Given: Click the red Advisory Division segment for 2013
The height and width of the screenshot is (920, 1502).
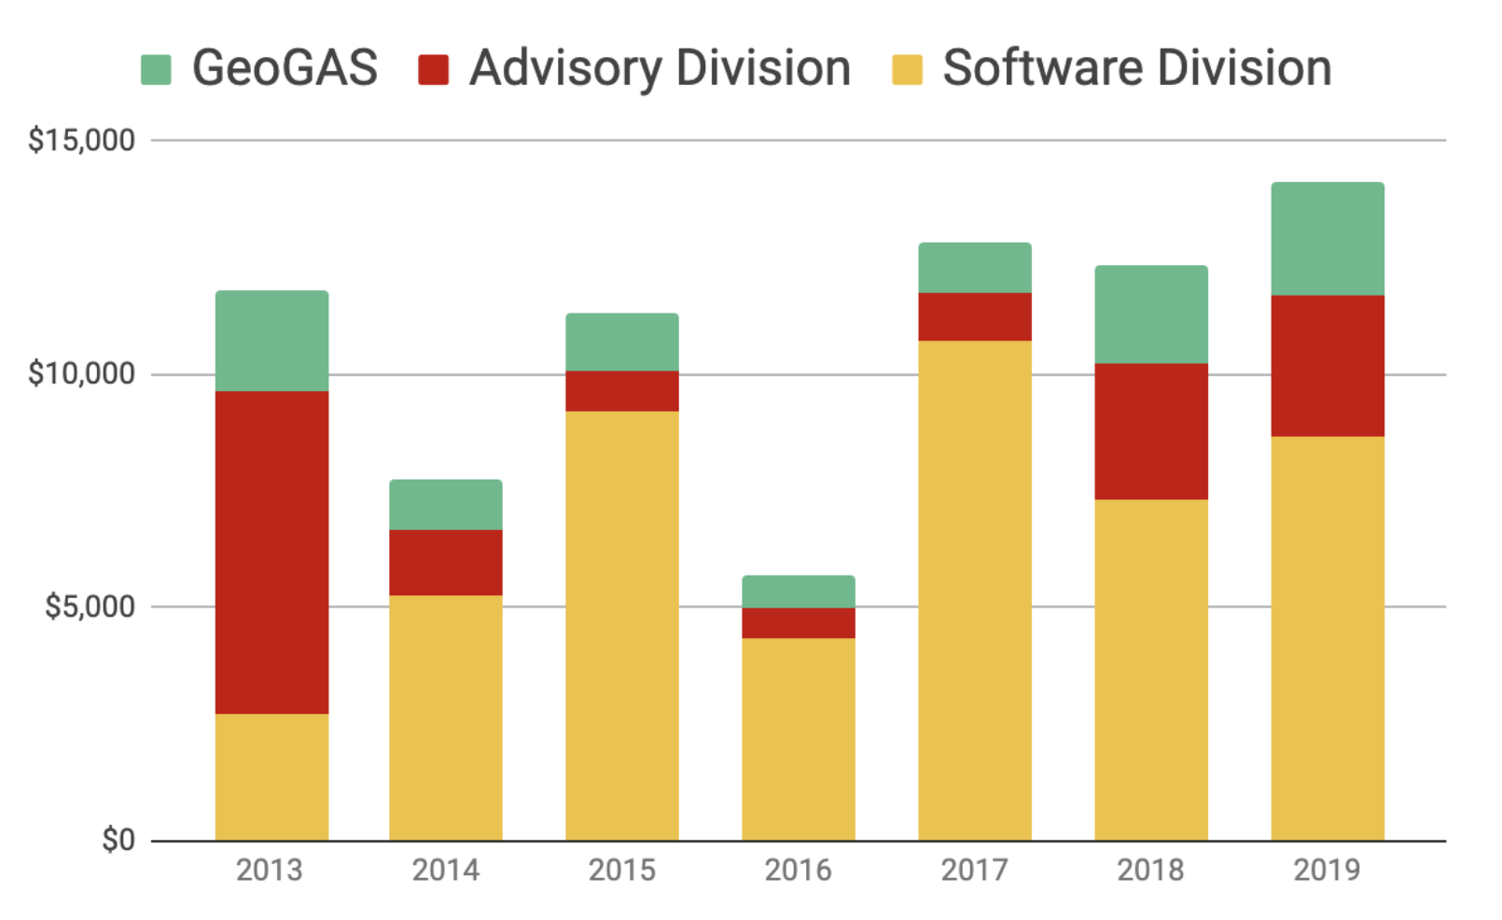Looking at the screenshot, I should coord(271,552).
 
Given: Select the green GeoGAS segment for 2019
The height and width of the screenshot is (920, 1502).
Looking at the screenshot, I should coord(1327,239).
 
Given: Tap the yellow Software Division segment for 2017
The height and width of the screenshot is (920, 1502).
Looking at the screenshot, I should coord(974,591).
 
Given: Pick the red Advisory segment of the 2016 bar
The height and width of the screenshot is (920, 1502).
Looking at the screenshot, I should coord(798,622).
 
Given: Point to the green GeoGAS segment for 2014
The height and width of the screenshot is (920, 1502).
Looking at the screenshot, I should coord(445,505).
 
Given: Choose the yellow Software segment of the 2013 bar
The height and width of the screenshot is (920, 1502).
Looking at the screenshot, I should coord(271,777).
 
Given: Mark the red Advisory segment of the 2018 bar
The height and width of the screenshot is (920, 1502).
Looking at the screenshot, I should coord(1150,431).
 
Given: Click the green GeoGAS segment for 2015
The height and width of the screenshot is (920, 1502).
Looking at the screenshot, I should coord(621,342).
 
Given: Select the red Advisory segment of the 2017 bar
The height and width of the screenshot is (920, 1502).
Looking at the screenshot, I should coord(974,316).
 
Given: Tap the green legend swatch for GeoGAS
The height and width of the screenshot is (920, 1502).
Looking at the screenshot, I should coord(156,70).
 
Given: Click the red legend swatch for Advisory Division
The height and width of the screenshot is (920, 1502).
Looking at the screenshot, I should coord(434,70).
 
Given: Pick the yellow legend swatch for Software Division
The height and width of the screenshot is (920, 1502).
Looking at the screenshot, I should coord(907,70).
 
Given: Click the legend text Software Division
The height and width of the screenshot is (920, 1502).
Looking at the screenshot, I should coord(1136,68).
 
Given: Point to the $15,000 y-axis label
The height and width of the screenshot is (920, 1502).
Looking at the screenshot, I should coord(81,140).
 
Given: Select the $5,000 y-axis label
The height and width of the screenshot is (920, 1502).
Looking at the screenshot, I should coord(90,607).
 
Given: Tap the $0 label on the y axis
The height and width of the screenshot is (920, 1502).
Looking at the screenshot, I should coord(118,840).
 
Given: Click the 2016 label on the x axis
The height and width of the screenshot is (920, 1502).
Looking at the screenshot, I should coord(798,870).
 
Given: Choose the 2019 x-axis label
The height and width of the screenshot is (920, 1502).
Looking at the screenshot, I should coord(1327,870).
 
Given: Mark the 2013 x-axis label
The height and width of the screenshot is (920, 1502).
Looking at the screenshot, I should coord(270,870).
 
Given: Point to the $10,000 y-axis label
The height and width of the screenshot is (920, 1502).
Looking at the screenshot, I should coord(81,374).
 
